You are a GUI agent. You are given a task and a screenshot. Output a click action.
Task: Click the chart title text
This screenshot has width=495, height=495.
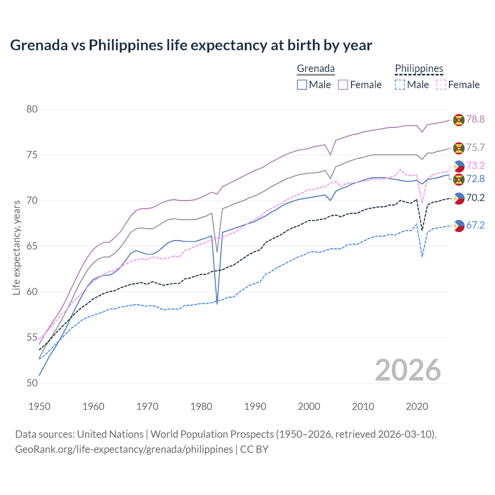point(191,45)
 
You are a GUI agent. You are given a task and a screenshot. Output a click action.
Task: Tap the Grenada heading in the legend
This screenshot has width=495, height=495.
point(316,68)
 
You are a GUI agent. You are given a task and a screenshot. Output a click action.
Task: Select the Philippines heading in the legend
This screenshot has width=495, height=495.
point(419,68)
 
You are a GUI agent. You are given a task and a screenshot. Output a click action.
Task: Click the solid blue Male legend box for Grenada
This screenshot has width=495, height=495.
point(302,85)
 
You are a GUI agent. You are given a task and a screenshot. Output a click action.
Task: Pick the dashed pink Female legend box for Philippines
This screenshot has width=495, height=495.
point(441,85)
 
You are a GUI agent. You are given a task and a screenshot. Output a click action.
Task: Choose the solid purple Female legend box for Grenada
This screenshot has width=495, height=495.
point(343,85)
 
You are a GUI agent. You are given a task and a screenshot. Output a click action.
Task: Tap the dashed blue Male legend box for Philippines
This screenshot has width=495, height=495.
point(400,85)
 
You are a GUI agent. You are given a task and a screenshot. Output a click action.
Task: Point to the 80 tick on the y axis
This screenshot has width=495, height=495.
point(32,109)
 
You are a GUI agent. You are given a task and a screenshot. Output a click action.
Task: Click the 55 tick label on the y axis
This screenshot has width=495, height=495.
point(32,338)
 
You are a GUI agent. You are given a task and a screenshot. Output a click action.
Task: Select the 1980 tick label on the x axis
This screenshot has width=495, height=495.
point(201,406)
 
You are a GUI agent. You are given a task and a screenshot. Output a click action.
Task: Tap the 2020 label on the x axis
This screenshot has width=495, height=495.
point(417,406)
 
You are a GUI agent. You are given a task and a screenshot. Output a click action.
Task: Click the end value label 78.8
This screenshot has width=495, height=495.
point(475,119)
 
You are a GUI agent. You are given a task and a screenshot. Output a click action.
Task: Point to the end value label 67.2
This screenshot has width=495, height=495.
point(475,225)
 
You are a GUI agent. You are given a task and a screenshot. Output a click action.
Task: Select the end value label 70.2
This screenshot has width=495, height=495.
point(475,198)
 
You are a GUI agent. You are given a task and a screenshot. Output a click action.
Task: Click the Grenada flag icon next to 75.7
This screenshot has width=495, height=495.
point(459,148)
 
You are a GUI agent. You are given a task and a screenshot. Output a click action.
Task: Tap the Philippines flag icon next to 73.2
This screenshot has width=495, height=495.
point(459,166)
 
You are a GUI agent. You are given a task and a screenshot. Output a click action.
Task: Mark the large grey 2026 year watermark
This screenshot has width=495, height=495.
point(408,370)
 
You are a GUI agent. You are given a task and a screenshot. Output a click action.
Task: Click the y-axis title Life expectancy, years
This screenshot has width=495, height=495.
point(16,247)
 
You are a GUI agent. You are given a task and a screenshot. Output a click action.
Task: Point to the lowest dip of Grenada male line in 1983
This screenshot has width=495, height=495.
point(217,304)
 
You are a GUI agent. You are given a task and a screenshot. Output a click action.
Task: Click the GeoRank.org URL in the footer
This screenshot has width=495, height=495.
point(124,449)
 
